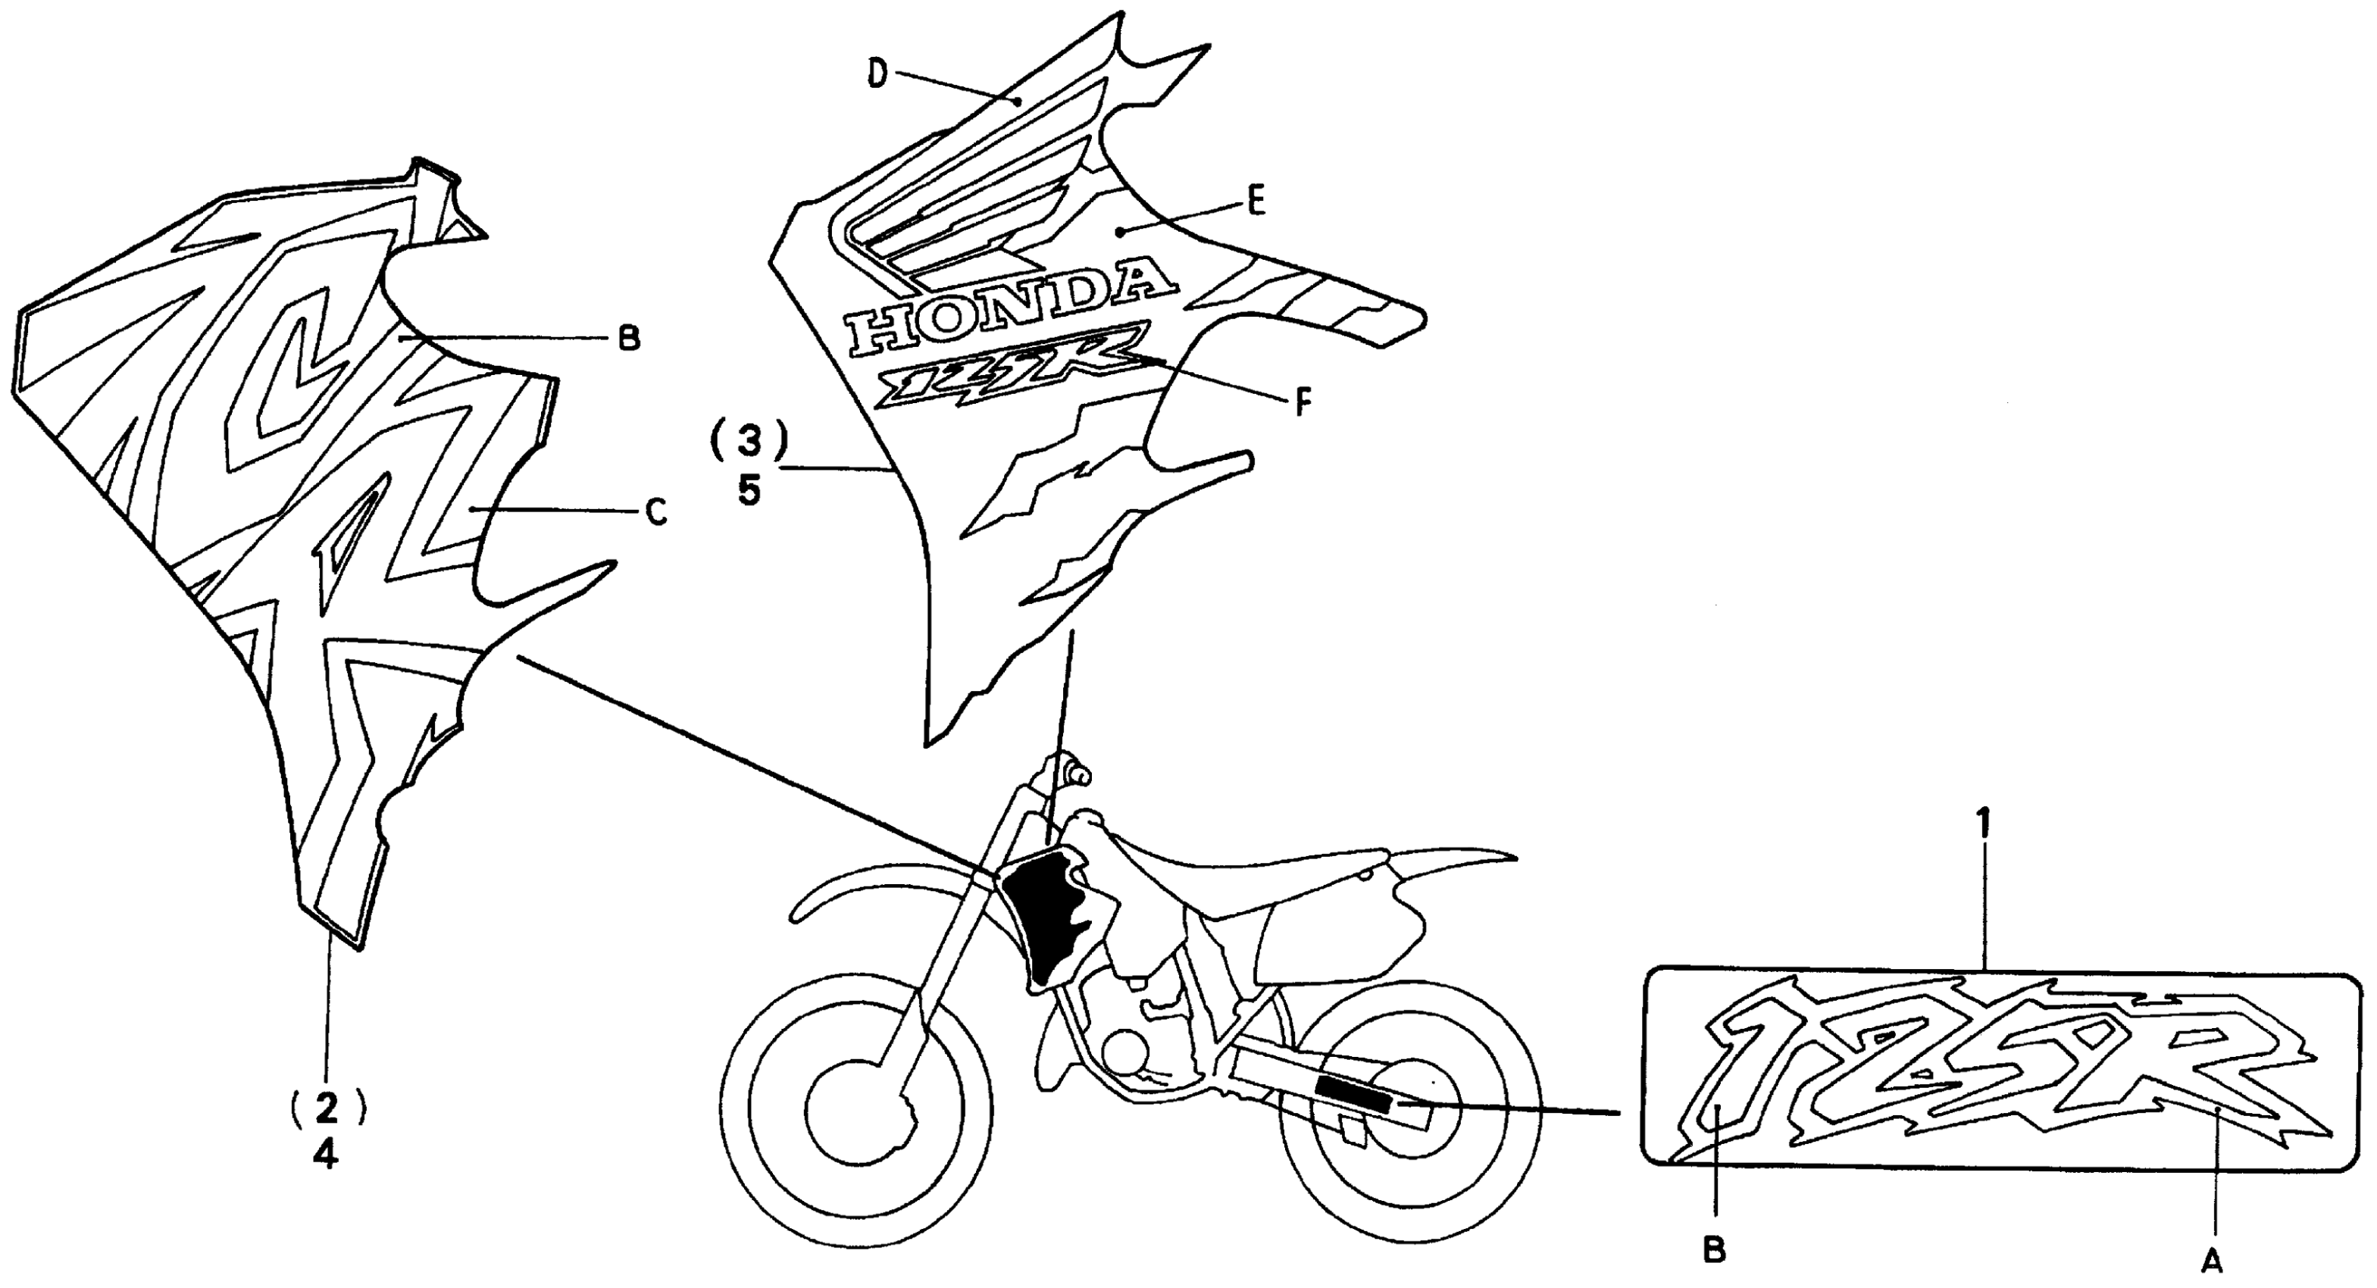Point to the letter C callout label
tap(655, 513)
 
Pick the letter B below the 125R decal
tap(1713, 1251)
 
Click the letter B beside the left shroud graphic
tap(628, 339)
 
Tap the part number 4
tap(325, 1154)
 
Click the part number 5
tap(749, 491)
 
